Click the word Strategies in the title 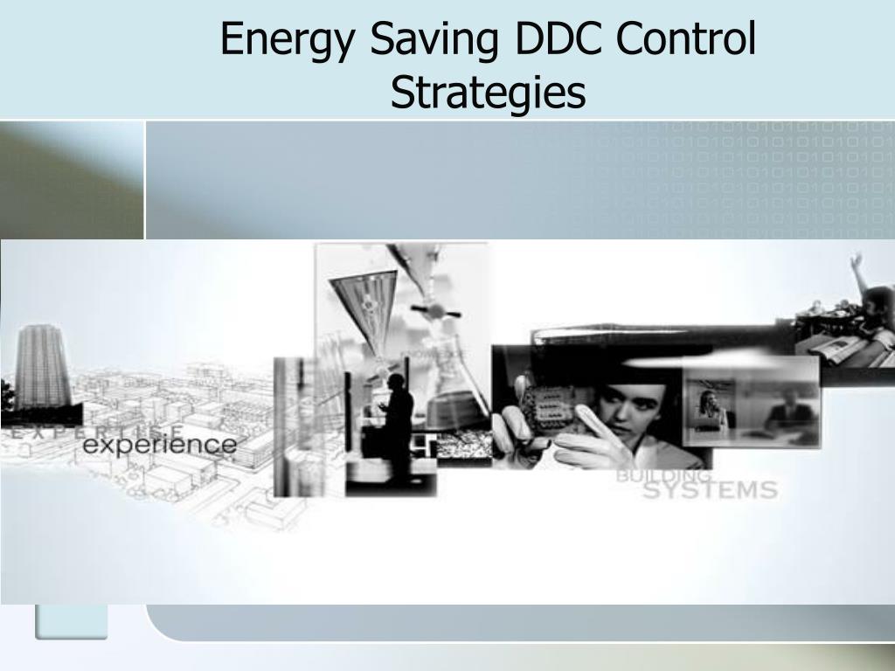pyautogui.click(x=488, y=93)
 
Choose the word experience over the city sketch pyautogui.click(x=159, y=445)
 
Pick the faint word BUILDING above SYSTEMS pyautogui.click(x=664, y=475)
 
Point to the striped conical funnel pyautogui.click(x=363, y=306)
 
